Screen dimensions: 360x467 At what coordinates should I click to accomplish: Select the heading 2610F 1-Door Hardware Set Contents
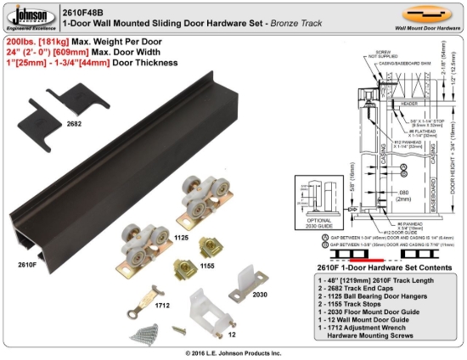pyautogui.click(x=374, y=267)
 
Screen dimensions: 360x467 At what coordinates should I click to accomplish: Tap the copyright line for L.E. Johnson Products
pyautogui.click(x=233, y=352)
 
